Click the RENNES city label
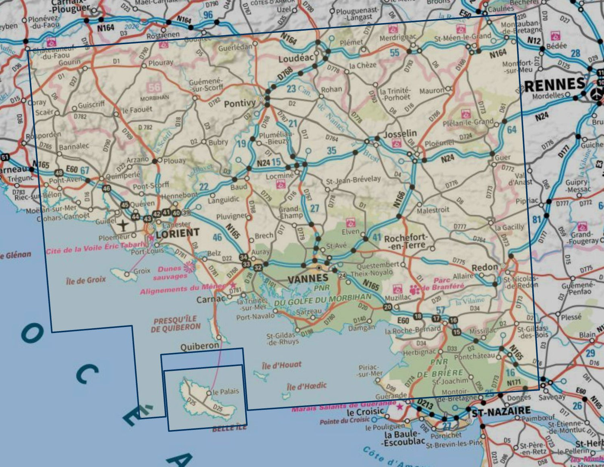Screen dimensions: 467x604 tap(555, 84)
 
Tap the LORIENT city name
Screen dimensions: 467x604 tap(178, 233)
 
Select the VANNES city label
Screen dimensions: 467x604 tap(308, 278)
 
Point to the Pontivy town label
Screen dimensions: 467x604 tap(240, 104)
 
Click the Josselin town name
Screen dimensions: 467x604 tap(400, 133)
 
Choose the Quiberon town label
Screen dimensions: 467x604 tap(200, 346)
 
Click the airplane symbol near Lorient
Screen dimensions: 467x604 tap(123, 225)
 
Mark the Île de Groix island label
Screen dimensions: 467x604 tap(86, 280)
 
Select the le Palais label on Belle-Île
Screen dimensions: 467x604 tap(225, 391)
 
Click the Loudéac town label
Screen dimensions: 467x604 tap(296, 58)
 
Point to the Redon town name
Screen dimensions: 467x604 tap(485, 267)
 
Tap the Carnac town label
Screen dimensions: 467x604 tap(211, 299)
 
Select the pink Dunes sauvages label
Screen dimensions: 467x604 tap(170, 273)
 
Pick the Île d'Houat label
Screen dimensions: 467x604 tap(281, 365)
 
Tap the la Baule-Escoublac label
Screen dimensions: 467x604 tap(404, 438)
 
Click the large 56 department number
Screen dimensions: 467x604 tap(154, 87)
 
